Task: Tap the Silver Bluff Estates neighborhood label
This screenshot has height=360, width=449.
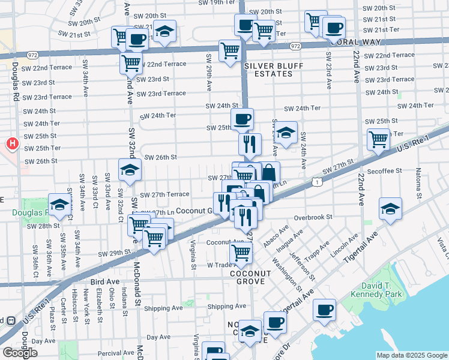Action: click(x=268, y=70)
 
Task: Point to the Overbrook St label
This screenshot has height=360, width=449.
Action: click(x=313, y=217)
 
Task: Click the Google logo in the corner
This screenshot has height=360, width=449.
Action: click(x=20, y=353)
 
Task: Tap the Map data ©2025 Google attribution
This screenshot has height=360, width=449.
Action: click(x=411, y=355)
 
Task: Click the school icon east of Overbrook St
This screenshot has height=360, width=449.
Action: click(x=391, y=209)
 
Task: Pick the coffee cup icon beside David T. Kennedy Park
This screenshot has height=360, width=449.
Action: click(x=325, y=310)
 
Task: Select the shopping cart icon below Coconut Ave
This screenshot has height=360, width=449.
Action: click(x=241, y=253)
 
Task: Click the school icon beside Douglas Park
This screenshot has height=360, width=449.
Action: click(x=59, y=206)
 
